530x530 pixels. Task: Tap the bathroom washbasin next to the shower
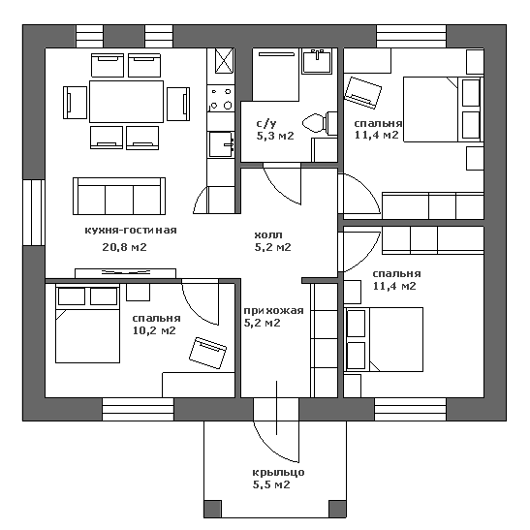(x=317, y=61)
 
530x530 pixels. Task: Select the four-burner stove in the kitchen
(x=221, y=99)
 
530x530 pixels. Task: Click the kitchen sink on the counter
(x=221, y=144)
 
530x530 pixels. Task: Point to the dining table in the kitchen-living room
(x=126, y=102)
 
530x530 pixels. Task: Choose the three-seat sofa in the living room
(x=119, y=196)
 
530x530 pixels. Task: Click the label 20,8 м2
(x=124, y=247)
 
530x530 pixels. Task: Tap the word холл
(x=268, y=234)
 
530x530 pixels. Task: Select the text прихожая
(x=274, y=310)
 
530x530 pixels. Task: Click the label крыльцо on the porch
(x=278, y=472)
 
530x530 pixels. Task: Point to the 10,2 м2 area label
(x=154, y=330)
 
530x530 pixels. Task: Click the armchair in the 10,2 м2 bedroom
(x=208, y=353)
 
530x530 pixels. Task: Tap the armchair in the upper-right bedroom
(x=362, y=93)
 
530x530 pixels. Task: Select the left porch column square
(x=212, y=509)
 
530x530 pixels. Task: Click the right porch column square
(x=338, y=509)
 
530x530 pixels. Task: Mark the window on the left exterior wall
(x=34, y=212)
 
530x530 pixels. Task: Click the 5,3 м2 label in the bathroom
(x=275, y=136)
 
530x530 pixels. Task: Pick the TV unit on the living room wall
(x=125, y=273)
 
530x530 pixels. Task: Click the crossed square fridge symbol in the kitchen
(x=225, y=61)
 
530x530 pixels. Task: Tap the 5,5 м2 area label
(x=271, y=484)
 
